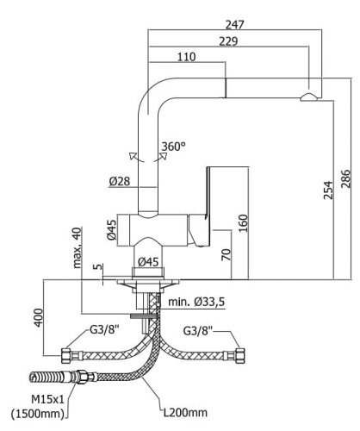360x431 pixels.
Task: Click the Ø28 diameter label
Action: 120,182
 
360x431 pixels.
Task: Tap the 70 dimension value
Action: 225,255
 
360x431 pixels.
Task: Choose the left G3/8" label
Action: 105,330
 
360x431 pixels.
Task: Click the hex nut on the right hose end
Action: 240,353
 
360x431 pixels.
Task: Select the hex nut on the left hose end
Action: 65,353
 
